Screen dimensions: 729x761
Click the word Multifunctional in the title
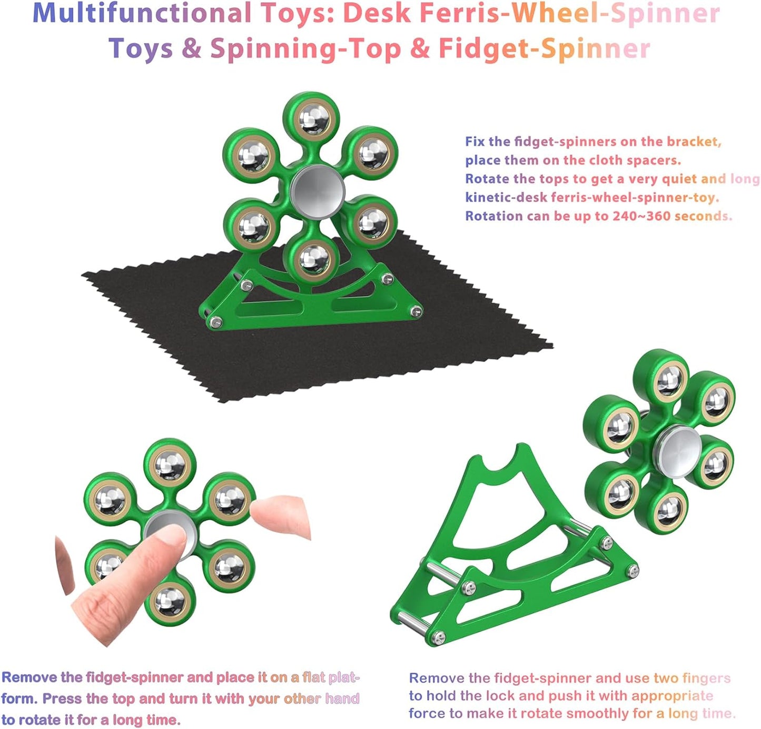[x=142, y=13]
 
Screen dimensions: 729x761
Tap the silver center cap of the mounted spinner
[x=318, y=190]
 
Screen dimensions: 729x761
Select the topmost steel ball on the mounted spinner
[x=314, y=119]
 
